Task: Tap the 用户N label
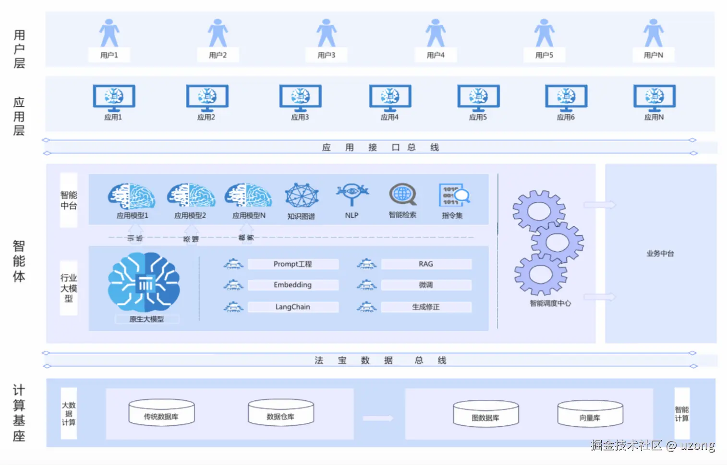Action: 653,55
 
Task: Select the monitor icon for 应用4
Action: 390,97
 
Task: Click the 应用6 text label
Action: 566,117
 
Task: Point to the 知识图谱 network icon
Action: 302,196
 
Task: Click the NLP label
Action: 351,215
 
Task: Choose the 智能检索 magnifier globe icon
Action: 402,195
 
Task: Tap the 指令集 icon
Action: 453,196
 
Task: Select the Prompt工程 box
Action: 293,264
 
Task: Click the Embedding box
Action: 293,285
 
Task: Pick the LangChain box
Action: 293,307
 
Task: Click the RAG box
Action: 426,264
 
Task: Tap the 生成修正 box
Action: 426,307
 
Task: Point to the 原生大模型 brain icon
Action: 144,283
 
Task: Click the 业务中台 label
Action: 660,254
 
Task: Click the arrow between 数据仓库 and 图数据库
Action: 378,418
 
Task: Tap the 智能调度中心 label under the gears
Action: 550,303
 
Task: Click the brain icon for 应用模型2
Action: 191,196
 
